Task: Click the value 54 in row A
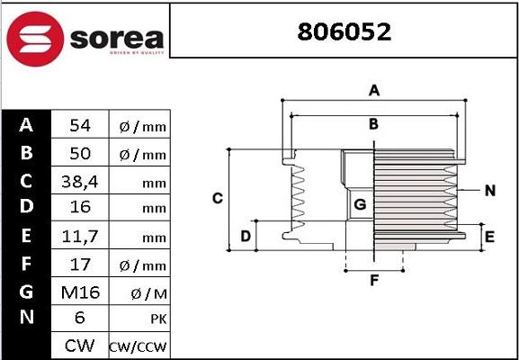pyautogui.click(x=79, y=126)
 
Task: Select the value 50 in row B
pyautogui.click(x=79, y=154)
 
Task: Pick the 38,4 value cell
pyautogui.click(x=79, y=182)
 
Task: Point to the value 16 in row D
pyautogui.click(x=79, y=209)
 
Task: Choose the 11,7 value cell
pyautogui.click(x=79, y=237)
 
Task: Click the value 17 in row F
pyautogui.click(x=79, y=265)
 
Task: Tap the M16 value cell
pyautogui.click(x=79, y=292)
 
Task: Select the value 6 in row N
pyautogui.click(x=79, y=319)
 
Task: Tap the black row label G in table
pyautogui.click(x=26, y=292)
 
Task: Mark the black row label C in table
pyautogui.click(x=26, y=181)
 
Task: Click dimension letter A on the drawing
pyautogui.click(x=374, y=89)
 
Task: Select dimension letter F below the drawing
pyautogui.click(x=374, y=281)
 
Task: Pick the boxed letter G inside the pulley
pyautogui.click(x=360, y=204)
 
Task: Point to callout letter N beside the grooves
pyautogui.click(x=490, y=190)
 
